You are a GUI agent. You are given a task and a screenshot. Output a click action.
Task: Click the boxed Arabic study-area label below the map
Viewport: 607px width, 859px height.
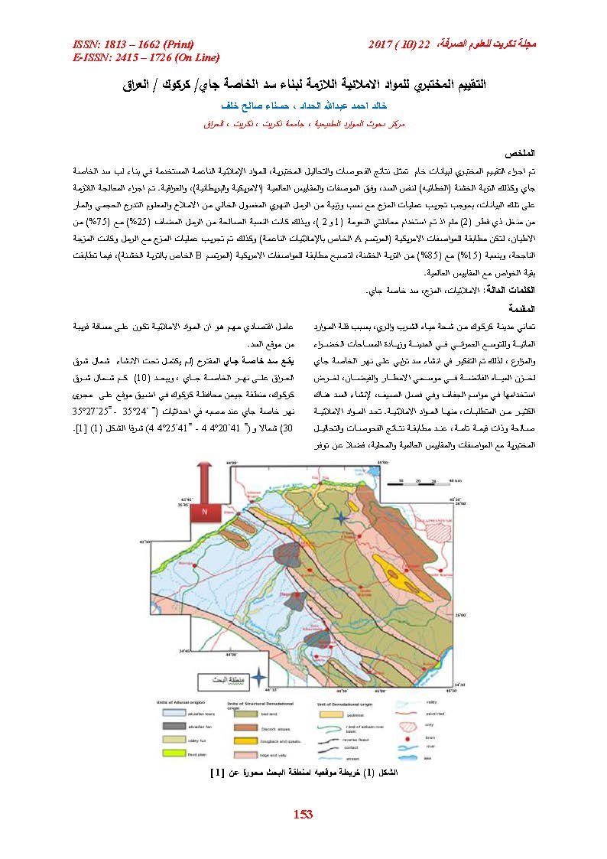coord(219,678)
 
